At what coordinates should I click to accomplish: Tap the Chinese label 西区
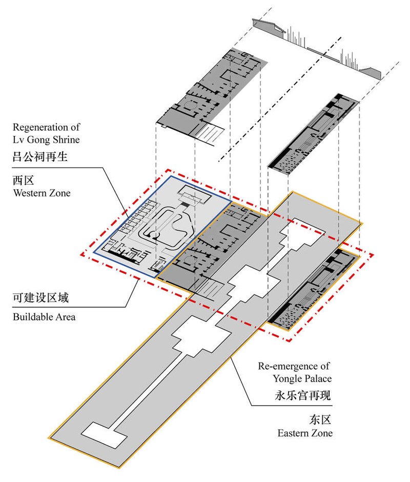tap(24, 180)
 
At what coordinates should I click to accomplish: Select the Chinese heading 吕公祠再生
tap(47, 157)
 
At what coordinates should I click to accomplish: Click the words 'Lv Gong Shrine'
tap(46, 139)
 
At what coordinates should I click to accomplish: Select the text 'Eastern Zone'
tap(305, 433)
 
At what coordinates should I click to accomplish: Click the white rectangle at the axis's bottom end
tap(105, 434)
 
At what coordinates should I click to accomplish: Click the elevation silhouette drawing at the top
tap(318, 49)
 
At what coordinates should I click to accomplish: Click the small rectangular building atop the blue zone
tap(193, 196)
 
